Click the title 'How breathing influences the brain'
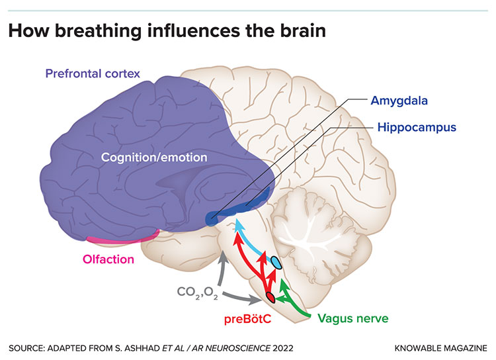[167, 31]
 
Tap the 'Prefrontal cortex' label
[93, 73]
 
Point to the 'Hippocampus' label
[417, 126]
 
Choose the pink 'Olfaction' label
[108, 259]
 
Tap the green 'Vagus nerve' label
[352, 318]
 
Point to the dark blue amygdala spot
[211, 217]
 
